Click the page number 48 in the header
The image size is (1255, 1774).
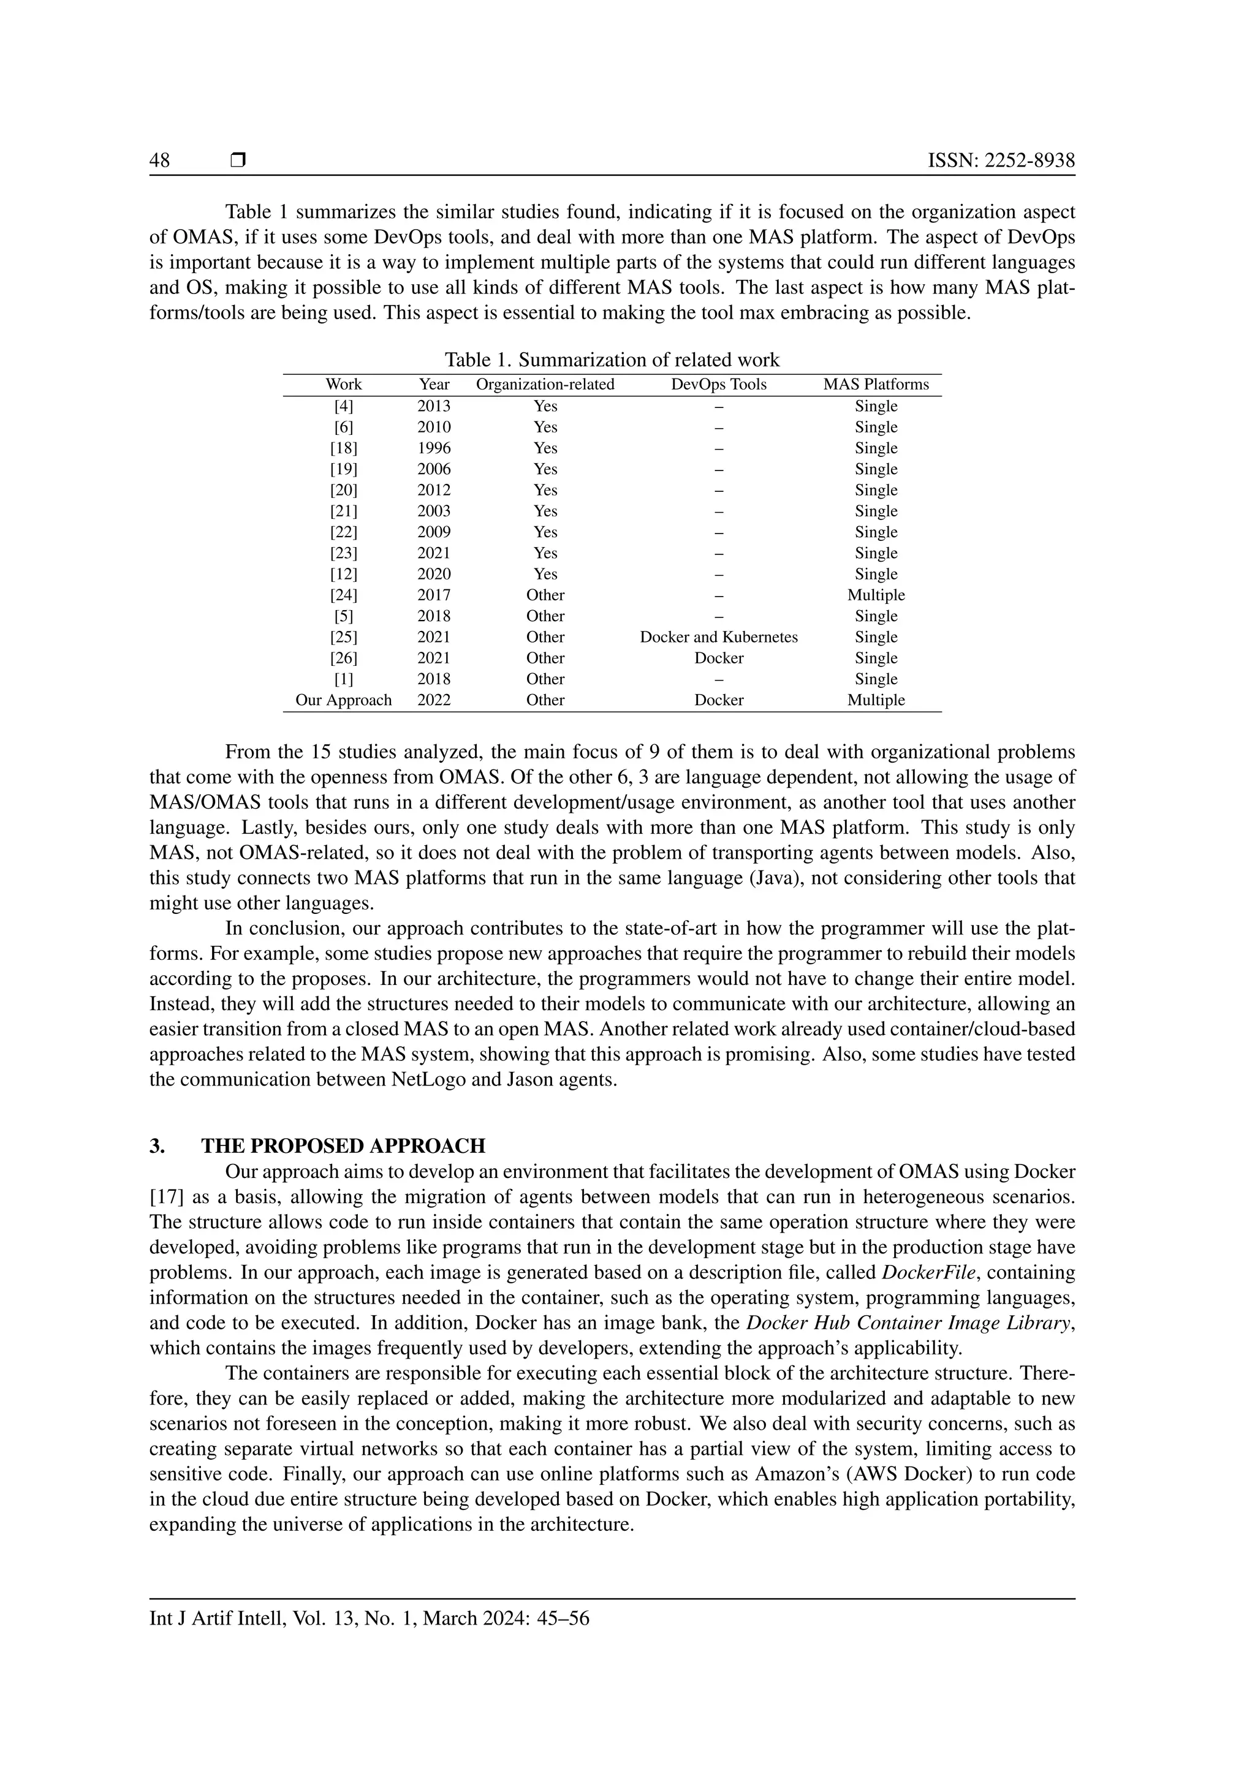coord(160,160)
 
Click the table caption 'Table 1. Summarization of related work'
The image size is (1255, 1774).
coord(612,360)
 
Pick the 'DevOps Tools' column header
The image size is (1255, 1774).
coord(719,385)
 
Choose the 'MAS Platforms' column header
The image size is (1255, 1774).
coord(876,385)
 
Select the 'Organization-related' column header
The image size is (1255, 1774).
coord(545,385)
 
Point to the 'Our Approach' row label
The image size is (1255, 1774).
coord(344,700)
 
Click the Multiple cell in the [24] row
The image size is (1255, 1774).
coord(876,595)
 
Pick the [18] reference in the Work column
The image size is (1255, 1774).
coord(344,448)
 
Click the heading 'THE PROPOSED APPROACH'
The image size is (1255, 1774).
coord(343,1146)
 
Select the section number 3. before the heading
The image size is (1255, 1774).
coord(157,1146)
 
